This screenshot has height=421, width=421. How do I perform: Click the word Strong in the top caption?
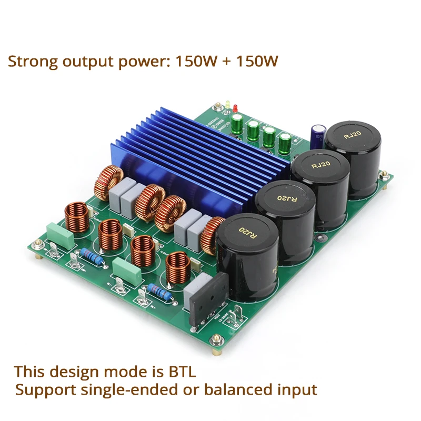coord(33,61)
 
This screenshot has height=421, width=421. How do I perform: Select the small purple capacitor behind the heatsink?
coord(317,136)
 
